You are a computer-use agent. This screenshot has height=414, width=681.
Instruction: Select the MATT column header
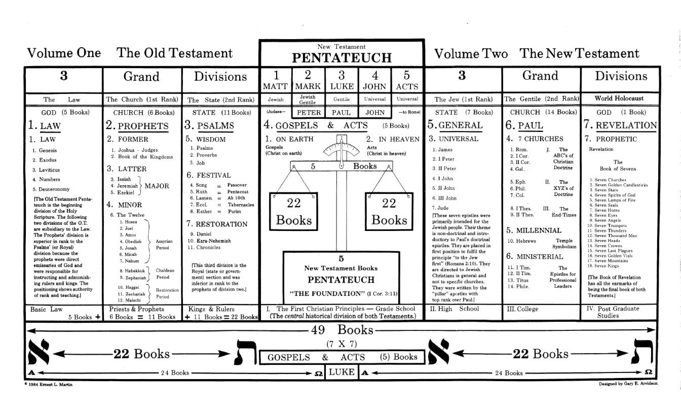click(x=275, y=80)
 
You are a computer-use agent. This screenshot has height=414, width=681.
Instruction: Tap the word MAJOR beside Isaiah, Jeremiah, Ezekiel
click(x=157, y=186)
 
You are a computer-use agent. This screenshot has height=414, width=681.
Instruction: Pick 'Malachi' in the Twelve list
click(x=133, y=300)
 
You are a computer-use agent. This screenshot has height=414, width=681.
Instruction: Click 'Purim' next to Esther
click(x=234, y=211)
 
